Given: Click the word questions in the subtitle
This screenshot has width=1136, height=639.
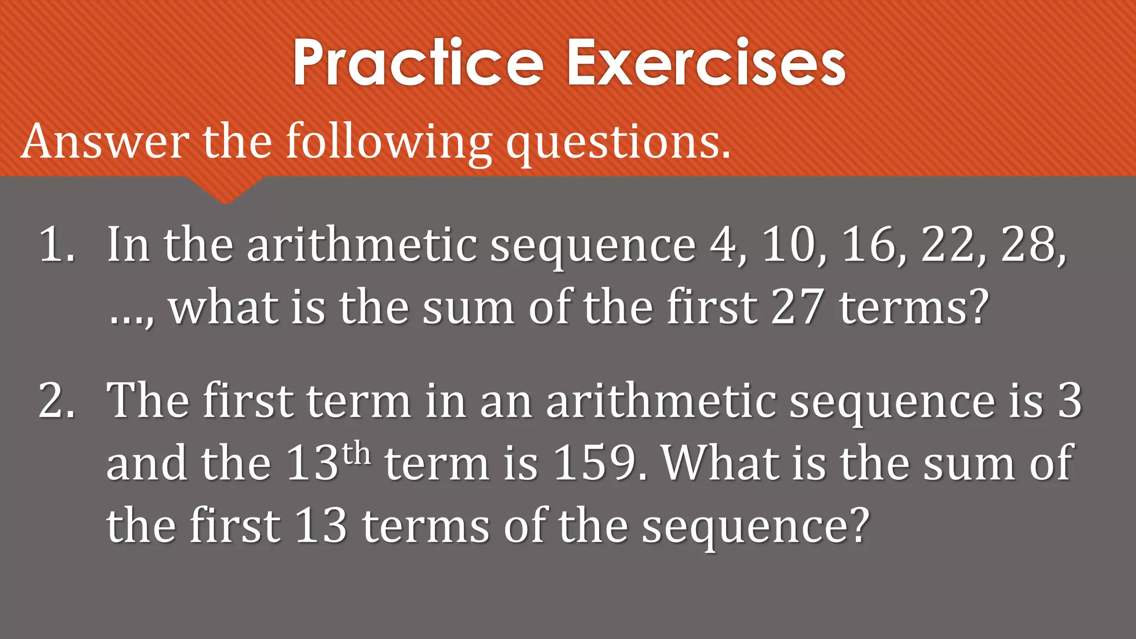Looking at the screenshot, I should point(617,142).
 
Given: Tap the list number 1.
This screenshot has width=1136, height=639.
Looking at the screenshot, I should point(55,245).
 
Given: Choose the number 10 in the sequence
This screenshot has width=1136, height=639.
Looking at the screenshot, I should point(790,245).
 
